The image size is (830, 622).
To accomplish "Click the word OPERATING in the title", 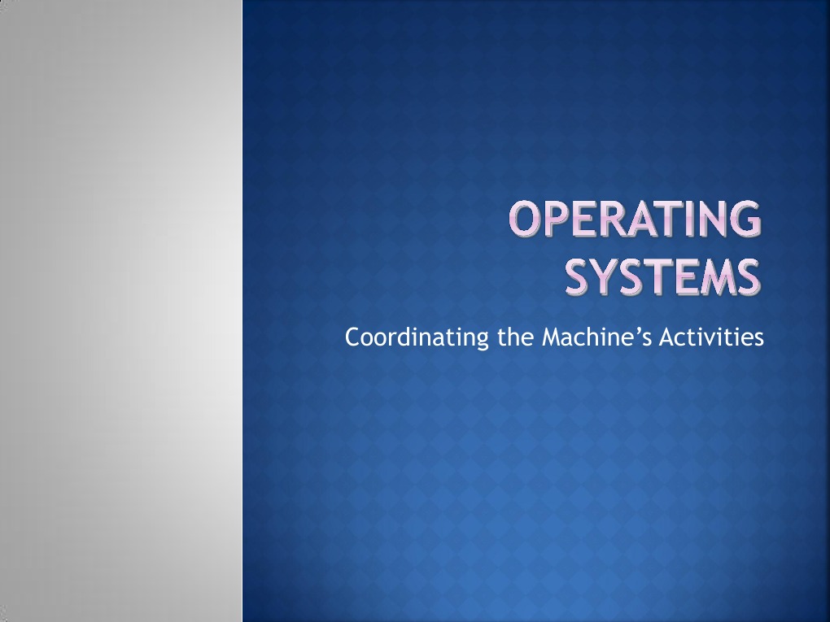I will (x=636, y=221).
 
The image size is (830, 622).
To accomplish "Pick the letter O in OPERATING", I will (x=526, y=221).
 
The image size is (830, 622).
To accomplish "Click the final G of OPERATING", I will (x=745, y=221).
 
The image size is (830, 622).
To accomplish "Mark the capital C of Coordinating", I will (x=352, y=337).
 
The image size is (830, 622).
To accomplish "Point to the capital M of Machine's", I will (x=550, y=337).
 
